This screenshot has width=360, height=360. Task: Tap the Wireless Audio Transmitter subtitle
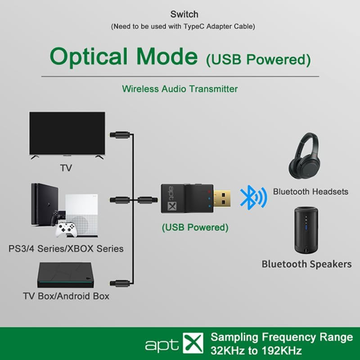pyautogui.click(x=180, y=89)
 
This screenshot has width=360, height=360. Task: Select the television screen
pyautogui.click(x=67, y=133)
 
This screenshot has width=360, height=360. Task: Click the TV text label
pyautogui.click(x=66, y=168)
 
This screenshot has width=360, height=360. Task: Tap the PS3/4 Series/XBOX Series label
pyautogui.click(x=66, y=248)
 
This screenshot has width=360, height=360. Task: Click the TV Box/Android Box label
pyautogui.click(x=66, y=297)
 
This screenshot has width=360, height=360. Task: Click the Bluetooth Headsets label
pyautogui.click(x=310, y=192)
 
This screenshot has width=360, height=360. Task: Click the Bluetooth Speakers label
pyautogui.click(x=306, y=264)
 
